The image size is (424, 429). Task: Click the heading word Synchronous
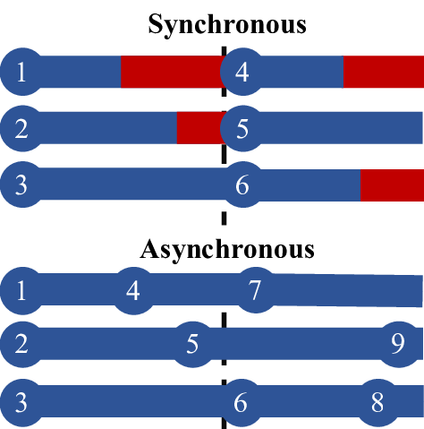(226, 24)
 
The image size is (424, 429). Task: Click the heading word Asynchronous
(226, 246)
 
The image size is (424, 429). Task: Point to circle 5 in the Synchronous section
(242, 129)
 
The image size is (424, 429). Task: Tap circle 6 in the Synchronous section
(242, 185)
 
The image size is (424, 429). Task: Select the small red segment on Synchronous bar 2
(199, 129)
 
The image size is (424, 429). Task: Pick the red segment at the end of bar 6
(391, 185)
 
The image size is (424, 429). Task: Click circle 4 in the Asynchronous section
(133, 290)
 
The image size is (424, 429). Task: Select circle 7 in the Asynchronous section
(255, 290)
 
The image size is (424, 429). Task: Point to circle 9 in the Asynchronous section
(398, 344)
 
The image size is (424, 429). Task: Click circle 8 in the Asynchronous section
(377, 402)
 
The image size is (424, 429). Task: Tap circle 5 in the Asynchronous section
(191, 344)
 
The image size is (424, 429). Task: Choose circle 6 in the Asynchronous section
(240, 402)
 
